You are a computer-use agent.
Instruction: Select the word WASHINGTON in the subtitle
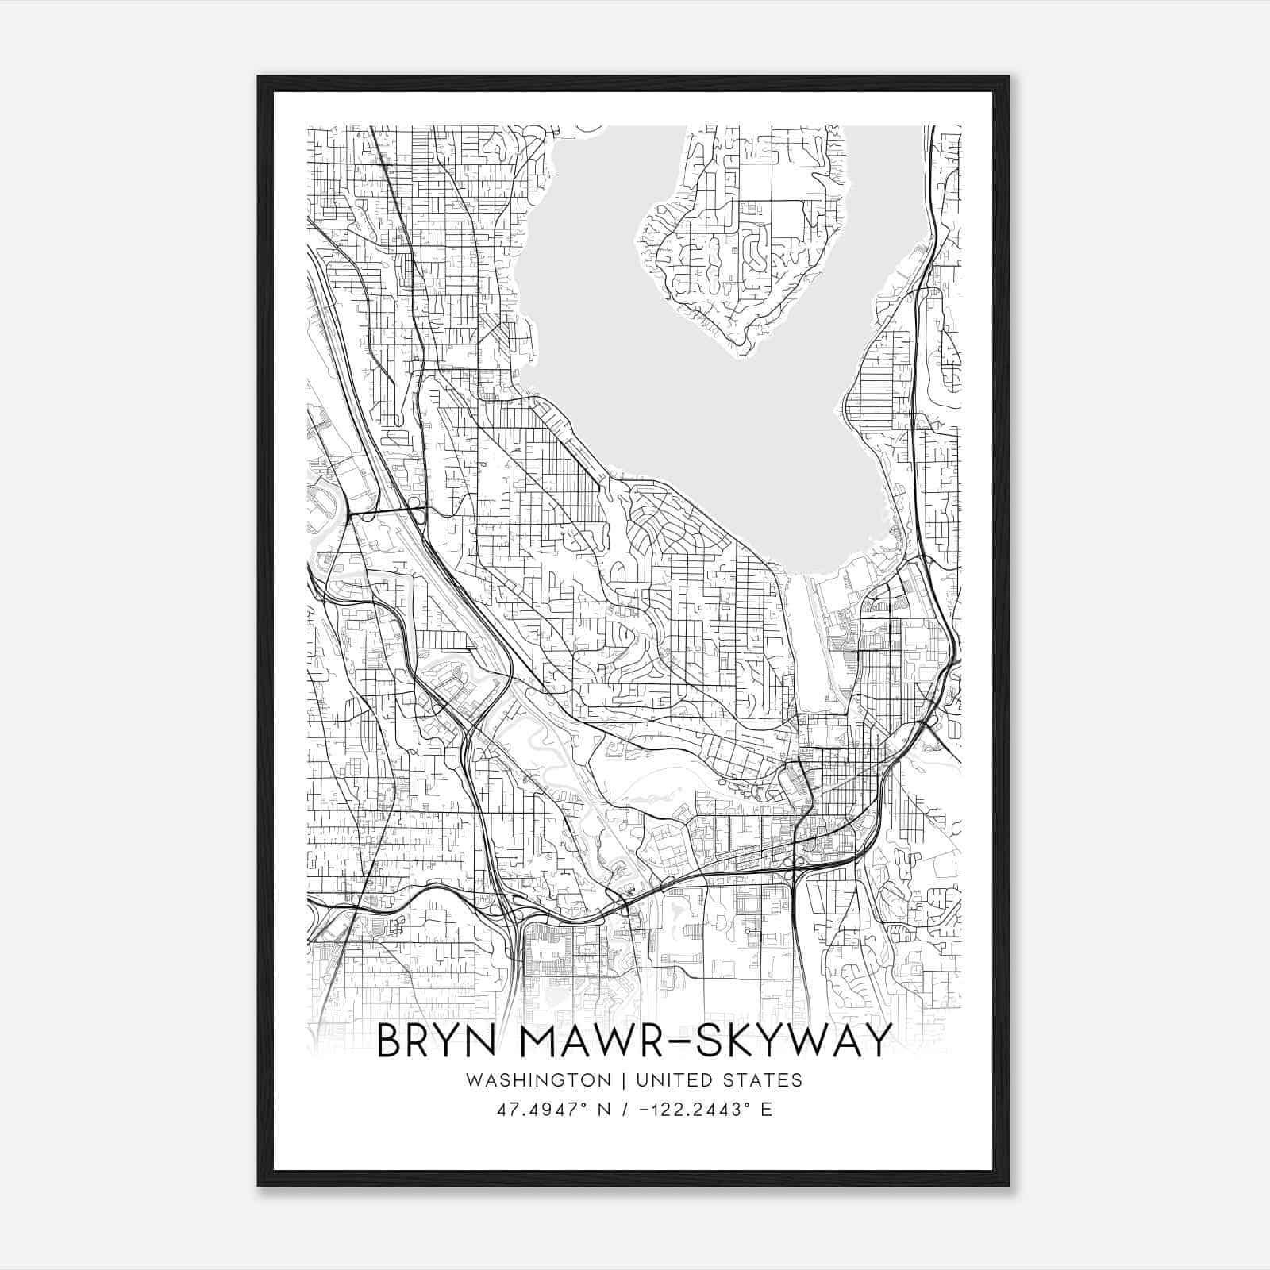point(539,1080)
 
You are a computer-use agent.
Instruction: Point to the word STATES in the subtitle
point(764,1080)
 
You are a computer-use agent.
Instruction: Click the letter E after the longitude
point(766,1110)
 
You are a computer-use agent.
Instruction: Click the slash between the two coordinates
point(625,1110)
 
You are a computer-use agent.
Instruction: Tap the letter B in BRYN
point(390,1041)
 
